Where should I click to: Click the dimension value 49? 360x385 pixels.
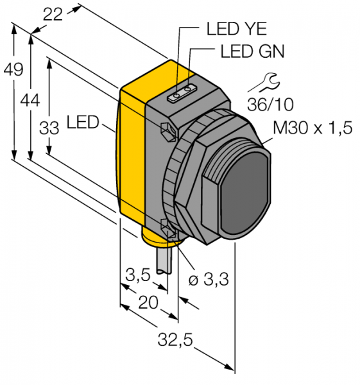(x=13, y=69)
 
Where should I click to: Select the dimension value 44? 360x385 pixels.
(x=30, y=101)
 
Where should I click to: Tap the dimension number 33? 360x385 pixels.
(x=49, y=128)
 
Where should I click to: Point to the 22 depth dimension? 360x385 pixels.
(x=53, y=14)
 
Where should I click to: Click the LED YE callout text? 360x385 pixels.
(x=237, y=29)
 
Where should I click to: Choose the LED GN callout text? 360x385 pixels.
(x=252, y=51)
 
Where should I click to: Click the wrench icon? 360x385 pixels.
(x=264, y=82)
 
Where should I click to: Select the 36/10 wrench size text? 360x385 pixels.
(x=270, y=105)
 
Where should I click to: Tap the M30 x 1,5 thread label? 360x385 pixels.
(x=313, y=128)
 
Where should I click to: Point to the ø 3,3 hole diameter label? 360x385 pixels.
(x=209, y=280)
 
